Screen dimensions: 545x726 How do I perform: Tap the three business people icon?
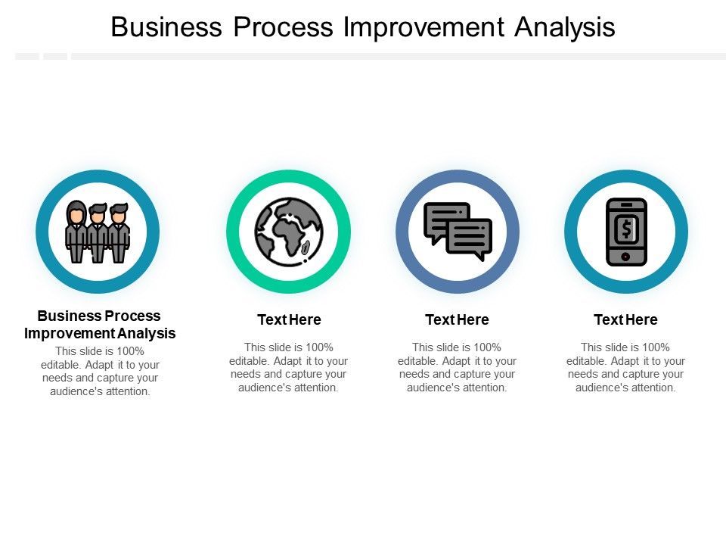click(98, 232)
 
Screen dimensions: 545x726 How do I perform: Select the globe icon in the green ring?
click(288, 232)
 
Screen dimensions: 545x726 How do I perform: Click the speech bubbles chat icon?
click(458, 232)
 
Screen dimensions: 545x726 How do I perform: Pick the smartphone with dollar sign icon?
click(626, 232)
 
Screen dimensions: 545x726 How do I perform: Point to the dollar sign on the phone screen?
click(626, 227)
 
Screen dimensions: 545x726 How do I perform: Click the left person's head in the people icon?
click(76, 212)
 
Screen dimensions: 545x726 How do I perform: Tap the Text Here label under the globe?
click(289, 319)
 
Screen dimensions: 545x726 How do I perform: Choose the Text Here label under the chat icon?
click(457, 319)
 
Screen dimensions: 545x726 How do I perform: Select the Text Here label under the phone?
click(625, 319)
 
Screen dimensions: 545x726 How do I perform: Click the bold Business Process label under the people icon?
click(99, 316)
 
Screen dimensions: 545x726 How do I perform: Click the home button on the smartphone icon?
click(626, 257)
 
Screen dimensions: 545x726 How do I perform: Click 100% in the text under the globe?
click(318, 347)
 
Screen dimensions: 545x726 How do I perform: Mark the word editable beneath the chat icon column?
click(418, 361)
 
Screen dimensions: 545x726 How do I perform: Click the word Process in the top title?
click(283, 27)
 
